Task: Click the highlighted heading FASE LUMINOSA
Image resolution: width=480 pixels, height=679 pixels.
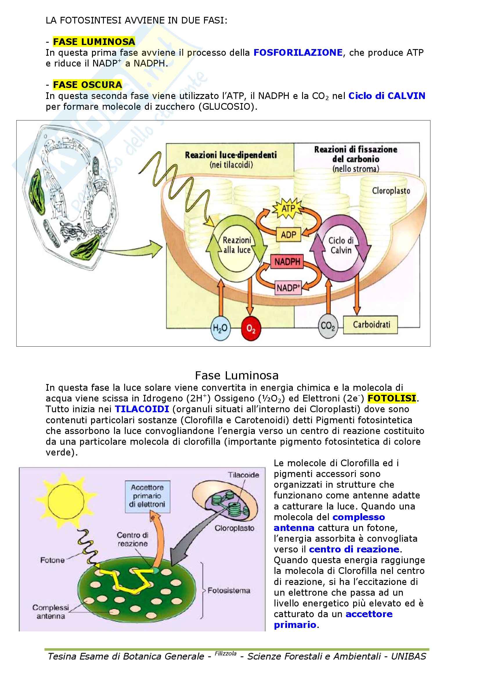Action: click(x=94, y=42)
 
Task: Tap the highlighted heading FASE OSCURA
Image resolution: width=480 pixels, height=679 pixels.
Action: click(x=87, y=85)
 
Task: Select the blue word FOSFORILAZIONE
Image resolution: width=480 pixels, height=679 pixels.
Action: click(x=298, y=53)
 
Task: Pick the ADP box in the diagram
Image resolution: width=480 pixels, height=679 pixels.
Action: click(x=288, y=235)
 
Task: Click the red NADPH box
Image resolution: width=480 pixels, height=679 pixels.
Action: click(x=287, y=262)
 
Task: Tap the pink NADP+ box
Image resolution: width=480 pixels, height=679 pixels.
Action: click(x=288, y=287)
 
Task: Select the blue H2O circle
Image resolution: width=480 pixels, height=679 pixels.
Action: click(x=220, y=328)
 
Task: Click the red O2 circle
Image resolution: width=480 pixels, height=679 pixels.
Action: click(x=251, y=329)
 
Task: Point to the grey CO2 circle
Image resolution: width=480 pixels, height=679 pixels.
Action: click(x=328, y=326)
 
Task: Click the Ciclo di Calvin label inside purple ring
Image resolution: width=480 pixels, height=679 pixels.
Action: click(x=341, y=246)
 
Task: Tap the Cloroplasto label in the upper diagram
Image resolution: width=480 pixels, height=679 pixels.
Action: click(x=391, y=191)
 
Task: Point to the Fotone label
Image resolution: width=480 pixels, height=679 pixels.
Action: click(x=52, y=560)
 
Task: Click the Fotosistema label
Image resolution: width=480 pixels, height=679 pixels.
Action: click(x=229, y=590)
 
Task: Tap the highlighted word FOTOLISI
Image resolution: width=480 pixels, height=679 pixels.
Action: click(x=391, y=398)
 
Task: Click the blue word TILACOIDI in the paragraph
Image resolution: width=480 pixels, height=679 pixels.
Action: click(x=142, y=409)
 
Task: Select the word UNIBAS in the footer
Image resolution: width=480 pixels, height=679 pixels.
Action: click(x=409, y=657)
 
